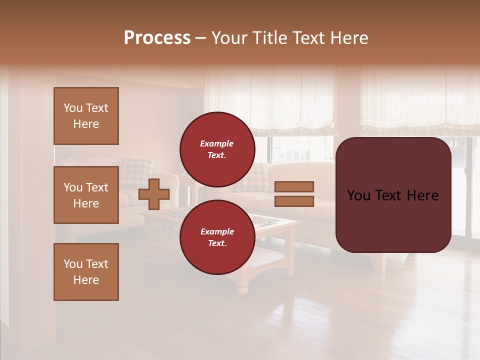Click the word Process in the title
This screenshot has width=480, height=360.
click(157, 37)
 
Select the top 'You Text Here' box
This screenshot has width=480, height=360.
click(86, 116)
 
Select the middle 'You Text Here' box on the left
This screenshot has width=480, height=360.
click(86, 195)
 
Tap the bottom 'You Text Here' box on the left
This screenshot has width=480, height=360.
click(86, 271)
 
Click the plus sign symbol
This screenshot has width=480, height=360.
click(154, 194)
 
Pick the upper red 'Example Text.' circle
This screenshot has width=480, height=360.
click(217, 149)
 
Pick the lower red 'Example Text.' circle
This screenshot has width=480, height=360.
click(217, 237)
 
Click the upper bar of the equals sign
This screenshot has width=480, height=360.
click(294, 186)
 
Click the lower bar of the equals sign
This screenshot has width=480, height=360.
click(294, 201)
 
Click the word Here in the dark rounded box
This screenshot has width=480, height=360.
click(422, 195)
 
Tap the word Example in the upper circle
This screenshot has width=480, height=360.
click(217, 143)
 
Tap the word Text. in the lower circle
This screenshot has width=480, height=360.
click(217, 243)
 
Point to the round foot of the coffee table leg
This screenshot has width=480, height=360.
click(242, 289)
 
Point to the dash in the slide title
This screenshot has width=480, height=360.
click(201, 38)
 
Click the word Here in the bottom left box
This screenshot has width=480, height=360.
click(86, 280)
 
